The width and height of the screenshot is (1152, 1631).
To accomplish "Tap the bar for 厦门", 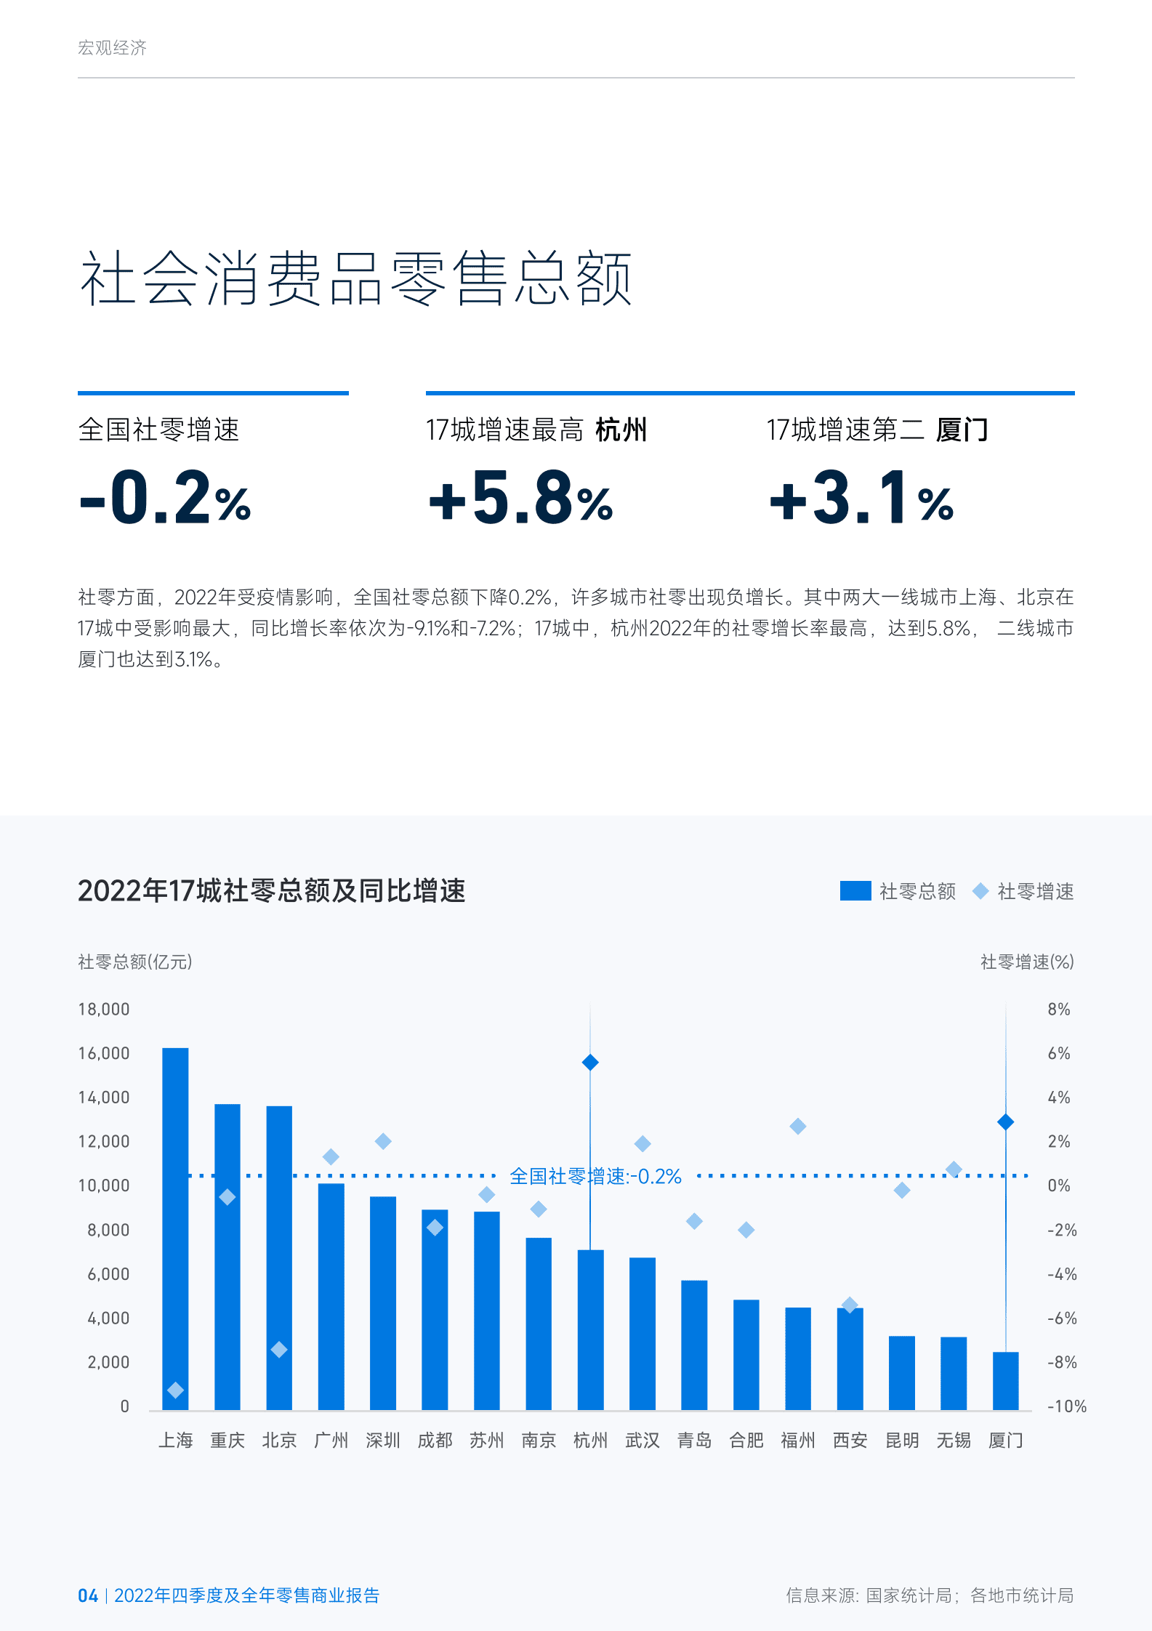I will pos(1005,1381).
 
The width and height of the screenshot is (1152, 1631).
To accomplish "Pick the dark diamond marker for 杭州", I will pos(590,1063).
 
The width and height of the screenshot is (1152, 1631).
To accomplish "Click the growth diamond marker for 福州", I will pos(797,1126).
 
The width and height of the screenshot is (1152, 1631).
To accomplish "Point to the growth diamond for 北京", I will pos(279,1350).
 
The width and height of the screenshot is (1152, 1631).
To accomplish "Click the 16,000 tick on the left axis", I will pos(104,1054).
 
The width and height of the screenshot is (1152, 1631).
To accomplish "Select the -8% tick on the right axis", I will pos(1062,1363).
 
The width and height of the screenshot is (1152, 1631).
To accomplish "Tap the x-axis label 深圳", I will pos(383,1440).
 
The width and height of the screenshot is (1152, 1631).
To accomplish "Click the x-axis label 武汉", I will pos(643,1440).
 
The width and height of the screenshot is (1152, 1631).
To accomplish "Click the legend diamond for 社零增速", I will pos(980,891).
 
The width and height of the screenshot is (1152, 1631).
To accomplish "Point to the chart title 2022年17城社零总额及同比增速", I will pos(271,891).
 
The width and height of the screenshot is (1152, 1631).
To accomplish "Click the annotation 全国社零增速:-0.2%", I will pos(595,1176).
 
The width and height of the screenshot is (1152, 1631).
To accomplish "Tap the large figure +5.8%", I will pos(520,498).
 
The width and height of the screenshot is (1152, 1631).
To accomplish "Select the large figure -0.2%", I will pos(165,498).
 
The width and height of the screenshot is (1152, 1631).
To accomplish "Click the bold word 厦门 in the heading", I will pos(962,430).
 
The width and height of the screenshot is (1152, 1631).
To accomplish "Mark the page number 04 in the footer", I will pos(88,1595).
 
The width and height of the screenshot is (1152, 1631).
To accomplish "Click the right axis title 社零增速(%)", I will pos(1027,962).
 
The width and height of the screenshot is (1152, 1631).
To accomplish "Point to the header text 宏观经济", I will pos(112,48).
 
